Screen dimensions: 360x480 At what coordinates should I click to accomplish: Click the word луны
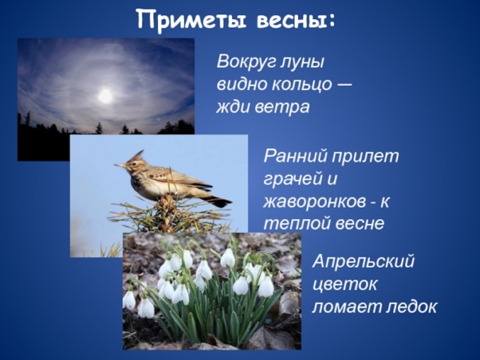[x=300, y=60]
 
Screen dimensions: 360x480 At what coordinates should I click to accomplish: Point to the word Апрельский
[x=363, y=261]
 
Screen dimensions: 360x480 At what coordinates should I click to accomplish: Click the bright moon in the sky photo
[x=105, y=94]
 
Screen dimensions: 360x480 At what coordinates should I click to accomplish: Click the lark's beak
[x=118, y=166]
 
